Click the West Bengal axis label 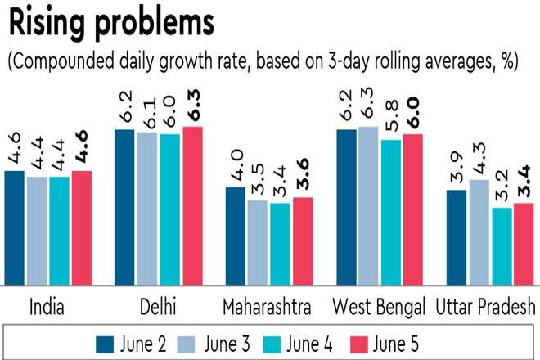point(379,307)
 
